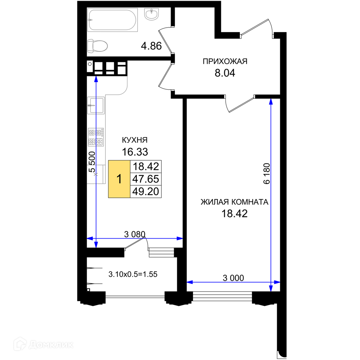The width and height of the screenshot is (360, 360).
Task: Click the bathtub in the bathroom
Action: pyautogui.click(x=112, y=20)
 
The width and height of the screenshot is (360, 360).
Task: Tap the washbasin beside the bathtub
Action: pyautogui.click(x=152, y=14)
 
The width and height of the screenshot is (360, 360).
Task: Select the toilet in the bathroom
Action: pyautogui.click(x=97, y=46)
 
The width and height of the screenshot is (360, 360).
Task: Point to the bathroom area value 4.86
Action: pyautogui.click(x=151, y=46)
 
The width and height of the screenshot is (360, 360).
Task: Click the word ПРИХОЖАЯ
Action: pyautogui.click(x=225, y=61)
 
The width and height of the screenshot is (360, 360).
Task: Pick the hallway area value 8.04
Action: pyautogui.click(x=225, y=73)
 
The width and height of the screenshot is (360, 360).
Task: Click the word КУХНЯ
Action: pyautogui.click(x=135, y=140)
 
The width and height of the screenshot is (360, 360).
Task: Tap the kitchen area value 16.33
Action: pyautogui.click(x=135, y=152)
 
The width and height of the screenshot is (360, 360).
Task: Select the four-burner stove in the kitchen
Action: pyautogui.click(x=96, y=137)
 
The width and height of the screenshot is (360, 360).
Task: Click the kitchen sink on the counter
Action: pyautogui.click(x=96, y=105)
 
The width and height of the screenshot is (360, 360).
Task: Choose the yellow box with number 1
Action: pyautogui.click(x=119, y=179)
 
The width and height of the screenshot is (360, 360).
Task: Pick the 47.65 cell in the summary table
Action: pyautogui.click(x=146, y=179)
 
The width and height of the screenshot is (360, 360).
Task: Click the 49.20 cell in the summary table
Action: pyautogui.click(x=146, y=192)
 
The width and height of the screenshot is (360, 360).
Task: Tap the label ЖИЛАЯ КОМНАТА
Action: pyautogui.click(x=234, y=202)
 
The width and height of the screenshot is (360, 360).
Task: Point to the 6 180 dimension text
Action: pyautogui.click(x=267, y=174)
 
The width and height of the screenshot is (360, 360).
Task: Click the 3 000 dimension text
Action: pyautogui.click(x=233, y=278)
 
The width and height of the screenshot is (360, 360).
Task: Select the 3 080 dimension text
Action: pyautogui.click(x=135, y=234)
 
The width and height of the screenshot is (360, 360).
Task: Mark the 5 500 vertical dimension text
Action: pyautogui.click(x=92, y=162)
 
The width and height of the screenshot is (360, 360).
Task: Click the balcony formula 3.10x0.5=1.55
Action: pyautogui.click(x=133, y=274)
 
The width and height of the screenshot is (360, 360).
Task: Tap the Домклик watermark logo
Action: pyautogui.click(x=44, y=344)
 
